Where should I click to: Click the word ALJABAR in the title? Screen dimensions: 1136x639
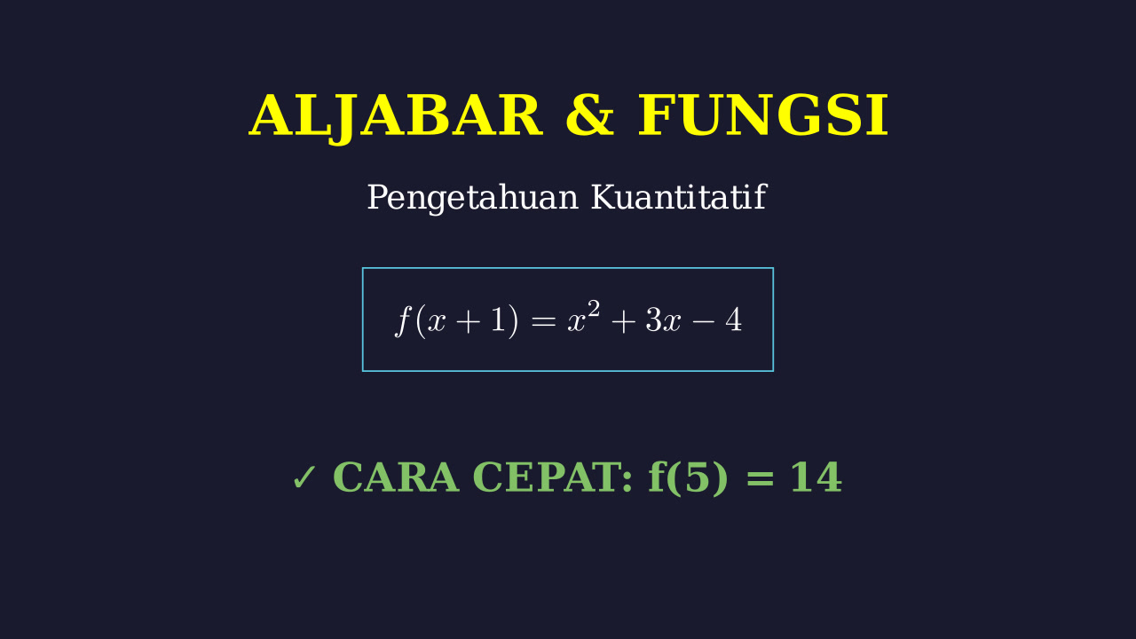pos(396,116)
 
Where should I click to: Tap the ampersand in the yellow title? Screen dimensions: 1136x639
pos(590,115)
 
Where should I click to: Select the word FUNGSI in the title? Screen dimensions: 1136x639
pos(762,115)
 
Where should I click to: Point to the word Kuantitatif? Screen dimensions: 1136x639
pos(679,197)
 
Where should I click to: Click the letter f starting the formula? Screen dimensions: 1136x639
pos(403,320)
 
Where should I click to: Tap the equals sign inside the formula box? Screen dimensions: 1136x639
pos(543,321)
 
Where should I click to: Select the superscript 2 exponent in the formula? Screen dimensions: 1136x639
pos(594,309)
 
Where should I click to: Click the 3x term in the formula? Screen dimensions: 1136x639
pos(663,320)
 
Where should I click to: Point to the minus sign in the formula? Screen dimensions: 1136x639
pos(704,321)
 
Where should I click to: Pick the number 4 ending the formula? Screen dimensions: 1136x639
pos(733,320)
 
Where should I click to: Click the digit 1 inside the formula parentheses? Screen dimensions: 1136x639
pos(498,320)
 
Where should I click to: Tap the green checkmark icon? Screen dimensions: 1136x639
pos(304,477)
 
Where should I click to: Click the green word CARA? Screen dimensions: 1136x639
pos(396,477)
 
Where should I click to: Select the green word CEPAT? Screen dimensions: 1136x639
pos(552,477)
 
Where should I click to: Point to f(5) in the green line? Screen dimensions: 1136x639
pos(688,478)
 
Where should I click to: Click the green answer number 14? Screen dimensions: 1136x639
pos(816,477)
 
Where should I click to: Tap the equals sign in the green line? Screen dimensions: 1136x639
pos(760,478)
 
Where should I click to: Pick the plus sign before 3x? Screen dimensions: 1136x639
pos(624,321)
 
